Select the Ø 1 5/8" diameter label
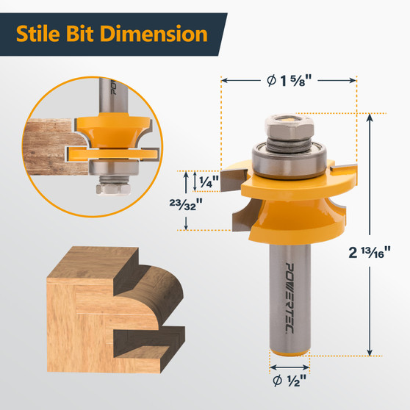[x=289, y=80]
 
